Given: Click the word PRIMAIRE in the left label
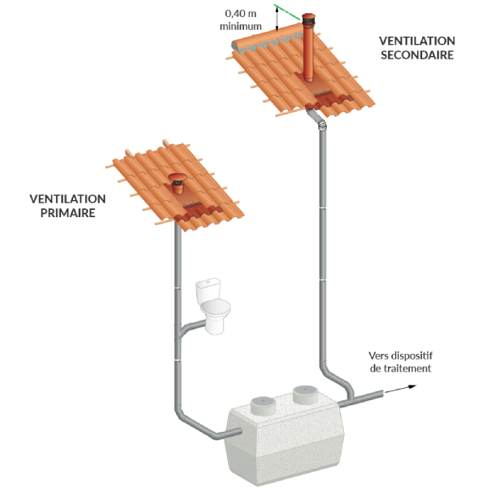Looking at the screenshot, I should click(63, 213).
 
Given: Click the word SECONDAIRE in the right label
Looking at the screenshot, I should click(417, 54).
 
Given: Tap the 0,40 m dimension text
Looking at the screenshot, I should click(241, 14).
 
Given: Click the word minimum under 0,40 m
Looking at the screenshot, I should click(241, 26).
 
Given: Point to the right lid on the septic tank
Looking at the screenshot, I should click(307, 396).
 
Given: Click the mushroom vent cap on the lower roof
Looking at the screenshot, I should click(175, 180).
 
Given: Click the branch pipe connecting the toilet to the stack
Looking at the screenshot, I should click(191, 328).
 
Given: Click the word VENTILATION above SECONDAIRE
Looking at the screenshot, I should click(417, 41).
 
